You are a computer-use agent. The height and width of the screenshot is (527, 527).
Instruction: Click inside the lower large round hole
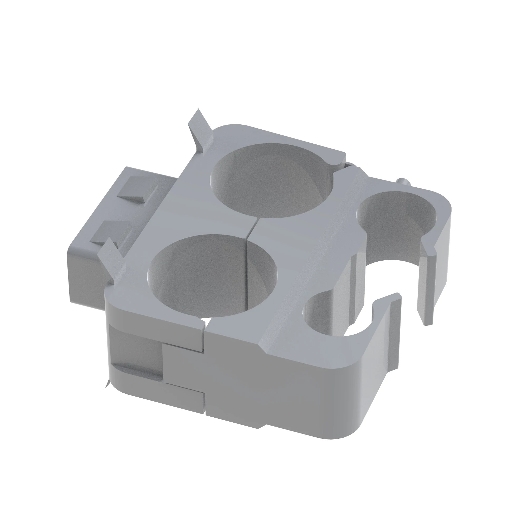211,276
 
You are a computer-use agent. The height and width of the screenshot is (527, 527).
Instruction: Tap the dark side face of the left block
82,273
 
